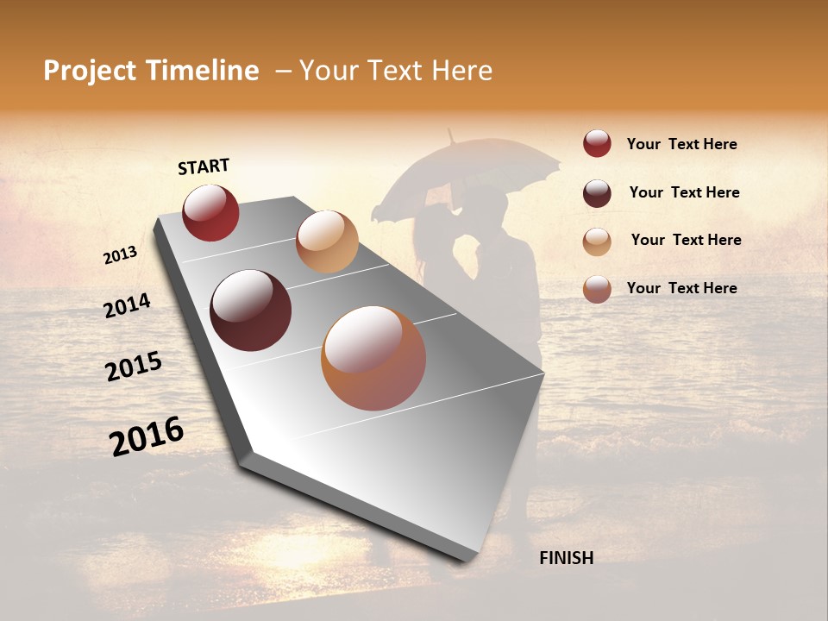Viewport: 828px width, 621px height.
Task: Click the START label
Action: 204,166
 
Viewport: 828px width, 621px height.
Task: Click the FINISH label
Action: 566,558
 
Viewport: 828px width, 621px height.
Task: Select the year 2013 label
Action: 120,255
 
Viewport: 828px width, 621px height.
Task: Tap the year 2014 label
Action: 127,305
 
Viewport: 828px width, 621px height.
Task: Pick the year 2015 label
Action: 134,367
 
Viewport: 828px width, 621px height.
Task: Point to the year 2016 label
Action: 147,436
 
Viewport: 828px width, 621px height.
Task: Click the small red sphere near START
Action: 210,212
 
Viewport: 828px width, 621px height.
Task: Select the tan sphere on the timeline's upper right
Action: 327,241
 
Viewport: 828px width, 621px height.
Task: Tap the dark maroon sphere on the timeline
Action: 251,310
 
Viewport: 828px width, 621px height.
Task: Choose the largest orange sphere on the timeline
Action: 373,358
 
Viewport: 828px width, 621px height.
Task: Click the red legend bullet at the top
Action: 597,143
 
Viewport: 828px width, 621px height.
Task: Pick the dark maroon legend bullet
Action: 597,193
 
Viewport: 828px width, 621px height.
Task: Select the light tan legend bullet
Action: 597,241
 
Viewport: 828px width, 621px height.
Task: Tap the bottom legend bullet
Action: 597,289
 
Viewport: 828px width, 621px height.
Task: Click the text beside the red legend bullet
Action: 681,144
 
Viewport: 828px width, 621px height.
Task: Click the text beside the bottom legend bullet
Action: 681,288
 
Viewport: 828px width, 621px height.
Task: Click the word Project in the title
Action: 91,71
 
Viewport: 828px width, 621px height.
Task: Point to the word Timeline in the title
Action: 203,71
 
